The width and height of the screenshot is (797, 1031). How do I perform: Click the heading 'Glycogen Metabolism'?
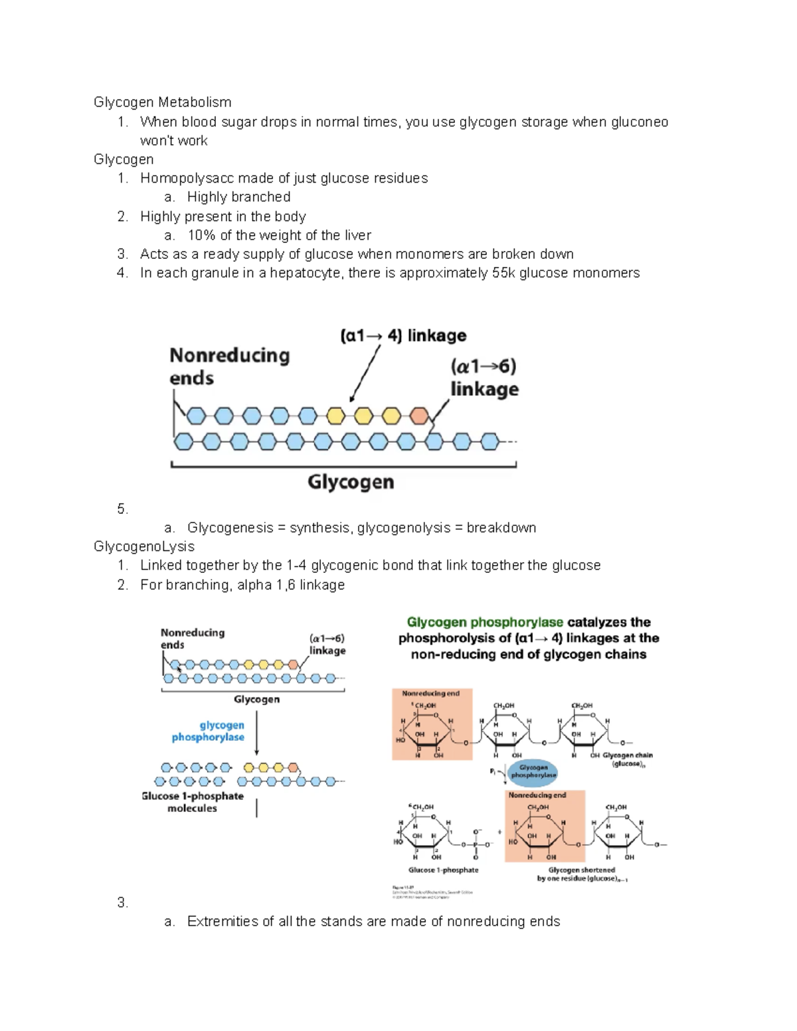tap(162, 102)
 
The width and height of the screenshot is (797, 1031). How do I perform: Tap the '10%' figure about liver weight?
tap(201, 235)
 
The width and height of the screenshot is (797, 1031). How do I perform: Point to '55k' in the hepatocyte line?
tap(503, 273)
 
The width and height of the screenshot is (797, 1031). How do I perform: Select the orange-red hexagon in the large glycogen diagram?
tap(419, 416)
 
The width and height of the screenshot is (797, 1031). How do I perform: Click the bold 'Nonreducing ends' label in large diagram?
tap(229, 366)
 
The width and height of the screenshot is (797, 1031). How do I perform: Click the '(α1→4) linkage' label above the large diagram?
tap(403, 335)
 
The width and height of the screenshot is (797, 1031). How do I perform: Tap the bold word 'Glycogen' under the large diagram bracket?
tap(351, 481)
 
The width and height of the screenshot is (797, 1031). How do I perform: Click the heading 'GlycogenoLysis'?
tap(144, 546)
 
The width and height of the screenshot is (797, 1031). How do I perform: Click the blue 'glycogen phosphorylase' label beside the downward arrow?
tap(209, 731)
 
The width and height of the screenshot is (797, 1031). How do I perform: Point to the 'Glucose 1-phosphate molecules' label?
tap(193, 802)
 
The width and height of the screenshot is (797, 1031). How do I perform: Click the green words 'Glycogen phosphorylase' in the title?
tap(485, 622)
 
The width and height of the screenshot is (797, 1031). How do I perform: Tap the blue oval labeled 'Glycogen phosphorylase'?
tap(533, 771)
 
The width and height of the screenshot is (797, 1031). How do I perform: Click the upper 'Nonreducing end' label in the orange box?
tap(430, 693)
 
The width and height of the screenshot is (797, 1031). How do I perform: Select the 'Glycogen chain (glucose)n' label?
tap(627, 759)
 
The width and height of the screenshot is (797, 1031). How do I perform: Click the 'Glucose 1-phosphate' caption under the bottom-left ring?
tap(443, 870)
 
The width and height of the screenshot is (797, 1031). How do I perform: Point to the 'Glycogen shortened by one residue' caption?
tap(582, 874)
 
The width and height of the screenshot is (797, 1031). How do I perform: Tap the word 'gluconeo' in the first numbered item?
tap(640, 122)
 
